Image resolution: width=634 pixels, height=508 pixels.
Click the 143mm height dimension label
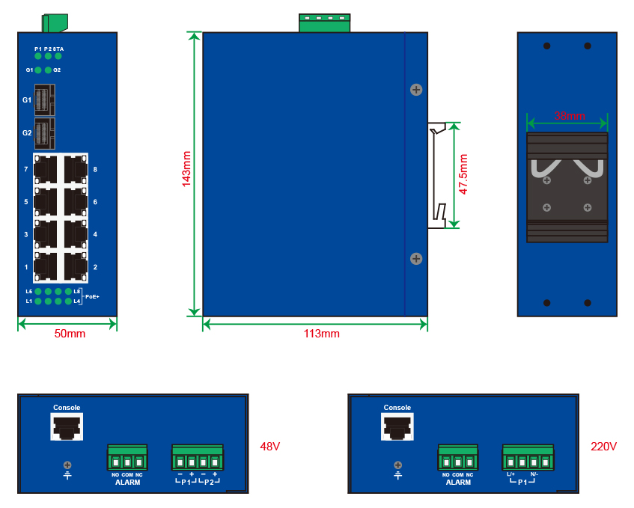pos(186,168)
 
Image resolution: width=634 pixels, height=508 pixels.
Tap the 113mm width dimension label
pos(322,334)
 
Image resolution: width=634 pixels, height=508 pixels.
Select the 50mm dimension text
pos(70,334)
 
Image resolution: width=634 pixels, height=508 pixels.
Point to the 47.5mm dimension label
pos(463,174)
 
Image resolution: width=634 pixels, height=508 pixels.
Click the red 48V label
pos(269,447)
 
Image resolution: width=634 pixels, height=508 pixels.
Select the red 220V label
pos(603,447)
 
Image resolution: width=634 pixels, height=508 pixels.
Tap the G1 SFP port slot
pos(46,100)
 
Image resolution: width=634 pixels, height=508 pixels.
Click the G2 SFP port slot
pos(46,132)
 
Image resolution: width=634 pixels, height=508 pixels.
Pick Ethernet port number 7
pos(46,169)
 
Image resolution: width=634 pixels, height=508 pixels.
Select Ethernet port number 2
pos(76,266)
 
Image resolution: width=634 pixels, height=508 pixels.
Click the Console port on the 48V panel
pos(67,427)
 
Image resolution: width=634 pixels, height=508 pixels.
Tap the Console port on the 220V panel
pos(397,427)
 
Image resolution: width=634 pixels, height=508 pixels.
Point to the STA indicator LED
pos(58,55)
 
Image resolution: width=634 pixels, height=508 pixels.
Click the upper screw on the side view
pos(416,90)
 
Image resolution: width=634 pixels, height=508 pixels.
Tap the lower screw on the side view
pos(416,259)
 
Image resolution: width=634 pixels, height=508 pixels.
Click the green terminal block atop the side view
pos(324,22)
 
